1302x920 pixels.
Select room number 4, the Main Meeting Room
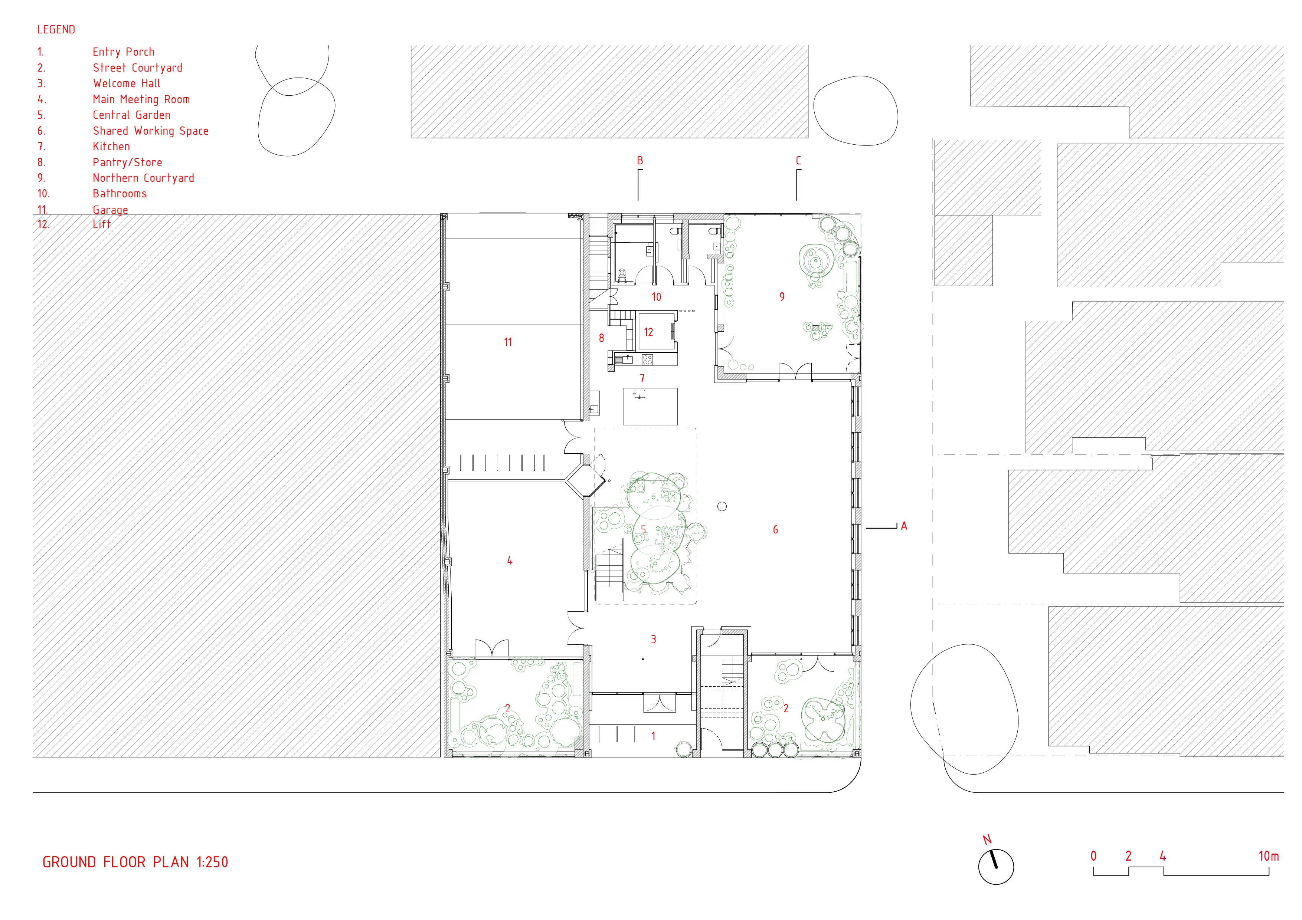[x=510, y=561]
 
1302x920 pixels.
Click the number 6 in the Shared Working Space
[x=775, y=529]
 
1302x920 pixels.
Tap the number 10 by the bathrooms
[x=656, y=297]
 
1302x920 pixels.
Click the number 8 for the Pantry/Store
[x=601, y=338]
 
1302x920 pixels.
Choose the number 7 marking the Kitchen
[x=642, y=378]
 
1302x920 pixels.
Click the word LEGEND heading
[x=56, y=29]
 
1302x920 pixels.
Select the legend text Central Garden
[x=131, y=115]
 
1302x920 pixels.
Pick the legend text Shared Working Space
[x=151, y=131]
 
